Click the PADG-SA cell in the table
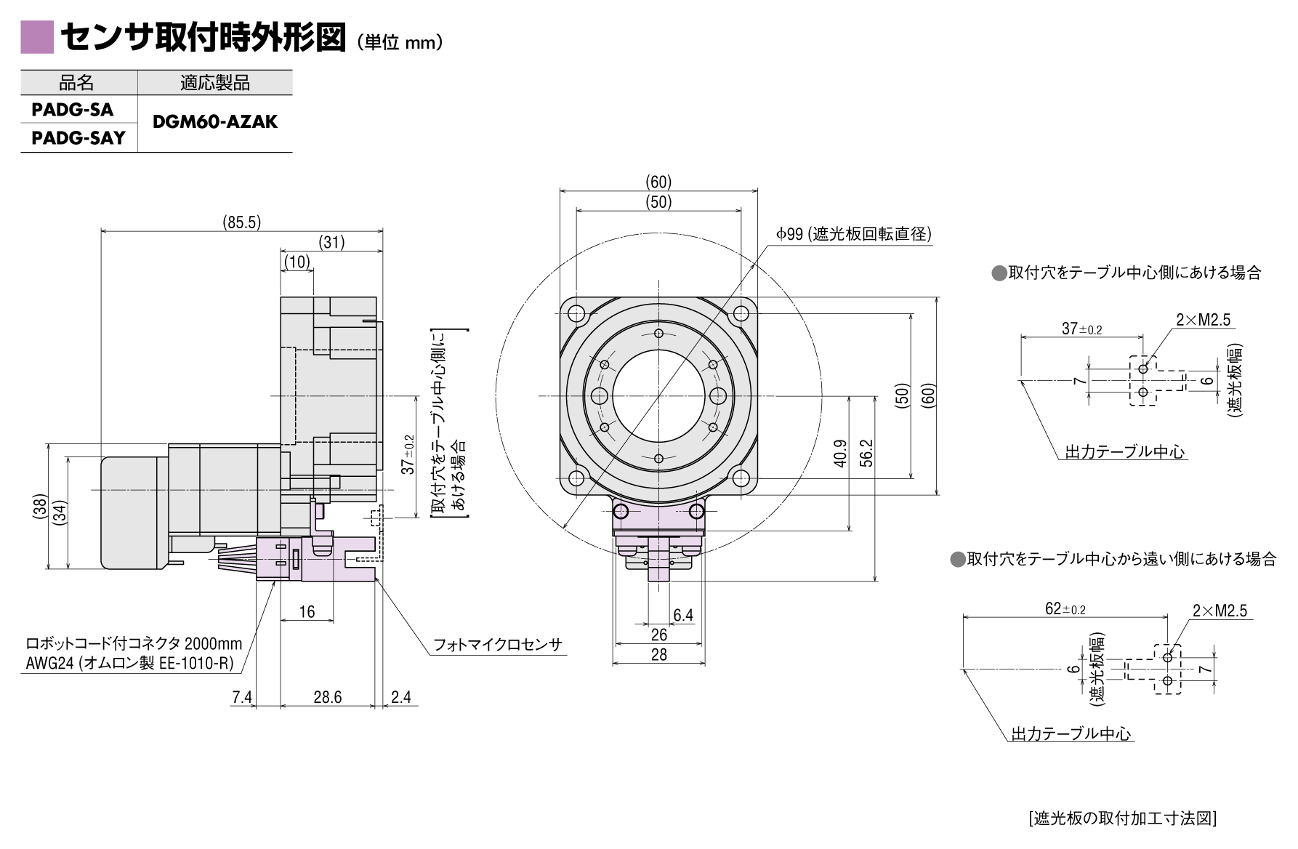(73, 110)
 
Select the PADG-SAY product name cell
(78, 138)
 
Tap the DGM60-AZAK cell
(215, 122)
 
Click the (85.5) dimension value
(241, 222)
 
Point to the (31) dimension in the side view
(331, 242)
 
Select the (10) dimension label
(297, 262)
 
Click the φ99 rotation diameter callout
(853, 234)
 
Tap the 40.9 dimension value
(840, 453)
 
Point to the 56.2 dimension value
(866, 453)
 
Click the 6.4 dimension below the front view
(683, 615)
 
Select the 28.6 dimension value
(327, 697)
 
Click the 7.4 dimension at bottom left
(242, 697)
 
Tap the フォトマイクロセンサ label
(498, 645)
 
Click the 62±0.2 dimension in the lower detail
(1065, 608)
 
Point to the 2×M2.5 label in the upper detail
(1204, 320)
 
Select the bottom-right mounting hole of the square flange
(741, 478)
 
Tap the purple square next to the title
(37, 37)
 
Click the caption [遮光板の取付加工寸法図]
(1123, 818)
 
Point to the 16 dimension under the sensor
(307, 611)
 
